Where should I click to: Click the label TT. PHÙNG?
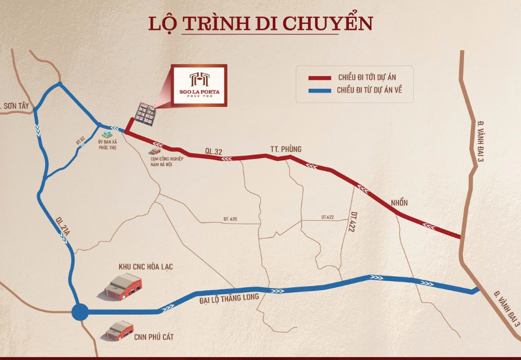point(286,149)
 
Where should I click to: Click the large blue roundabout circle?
point(80,312)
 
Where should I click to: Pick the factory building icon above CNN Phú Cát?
point(119,331)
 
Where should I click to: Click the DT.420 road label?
point(230,218)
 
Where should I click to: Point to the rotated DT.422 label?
point(354,221)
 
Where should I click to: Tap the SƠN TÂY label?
point(15,106)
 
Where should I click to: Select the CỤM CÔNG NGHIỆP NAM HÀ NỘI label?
point(164,161)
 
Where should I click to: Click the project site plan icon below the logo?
point(145,113)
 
